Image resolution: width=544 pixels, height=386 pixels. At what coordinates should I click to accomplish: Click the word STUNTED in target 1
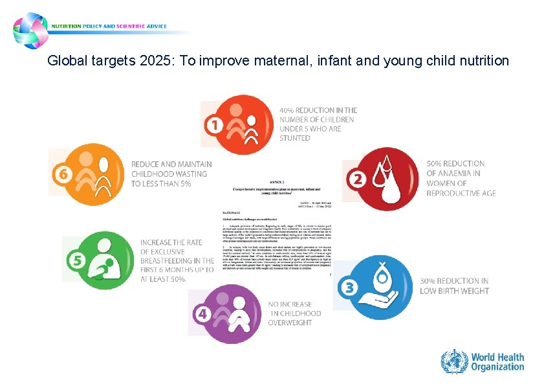(x=295, y=138)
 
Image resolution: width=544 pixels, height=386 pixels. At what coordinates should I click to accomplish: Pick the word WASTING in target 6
(x=191, y=174)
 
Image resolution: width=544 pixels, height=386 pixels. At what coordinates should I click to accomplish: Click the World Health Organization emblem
(x=454, y=361)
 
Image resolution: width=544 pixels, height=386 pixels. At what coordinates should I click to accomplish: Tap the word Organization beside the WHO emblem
(x=497, y=367)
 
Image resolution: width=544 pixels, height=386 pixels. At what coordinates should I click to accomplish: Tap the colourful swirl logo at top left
(x=31, y=29)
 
